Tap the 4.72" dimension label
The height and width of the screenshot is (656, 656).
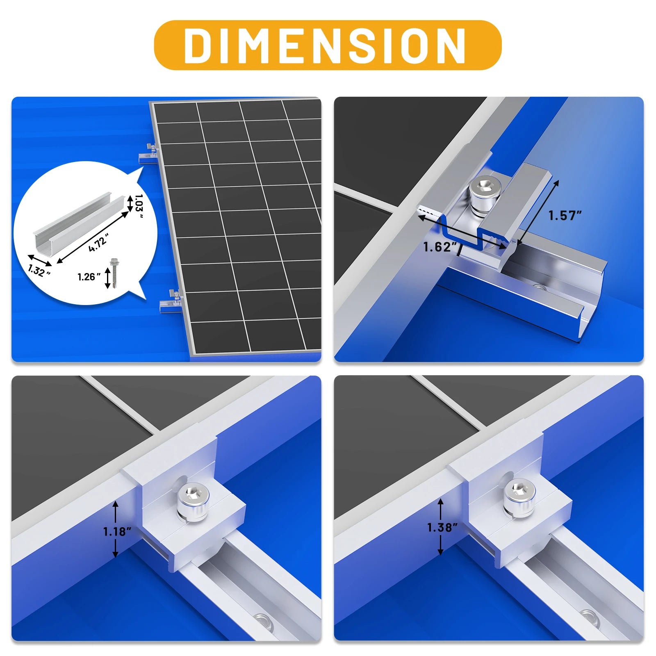pos(98,242)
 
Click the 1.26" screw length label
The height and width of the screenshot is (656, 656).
pos(89,277)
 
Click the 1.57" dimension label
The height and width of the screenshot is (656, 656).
pos(565,216)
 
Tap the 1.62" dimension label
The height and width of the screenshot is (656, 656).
pos(440,247)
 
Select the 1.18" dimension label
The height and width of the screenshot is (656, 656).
pos(117,532)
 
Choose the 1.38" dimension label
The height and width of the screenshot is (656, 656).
pos(442,527)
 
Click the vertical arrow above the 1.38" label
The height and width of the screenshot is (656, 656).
pos(441,508)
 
